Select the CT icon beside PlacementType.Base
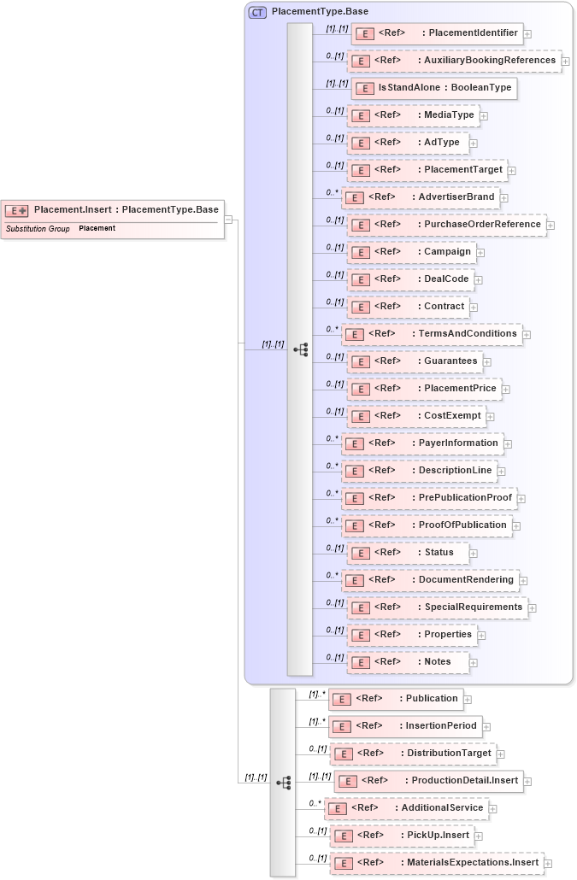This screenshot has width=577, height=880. click(256, 12)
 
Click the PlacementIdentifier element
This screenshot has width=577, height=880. click(437, 33)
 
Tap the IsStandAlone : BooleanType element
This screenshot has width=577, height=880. click(434, 88)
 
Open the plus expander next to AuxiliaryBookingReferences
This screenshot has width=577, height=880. click(566, 62)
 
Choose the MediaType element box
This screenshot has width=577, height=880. click(413, 115)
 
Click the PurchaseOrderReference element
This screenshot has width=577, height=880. click(448, 225)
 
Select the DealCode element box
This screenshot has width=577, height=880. click(411, 279)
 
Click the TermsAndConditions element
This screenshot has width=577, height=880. click(431, 334)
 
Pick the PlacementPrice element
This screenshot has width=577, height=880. click(424, 389)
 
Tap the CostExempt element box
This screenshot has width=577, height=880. click(417, 416)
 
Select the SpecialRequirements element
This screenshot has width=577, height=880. click(439, 607)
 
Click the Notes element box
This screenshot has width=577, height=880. click(408, 662)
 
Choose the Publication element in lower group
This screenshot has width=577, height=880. click(396, 699)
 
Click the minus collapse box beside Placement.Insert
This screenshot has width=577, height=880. click(229, 219)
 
